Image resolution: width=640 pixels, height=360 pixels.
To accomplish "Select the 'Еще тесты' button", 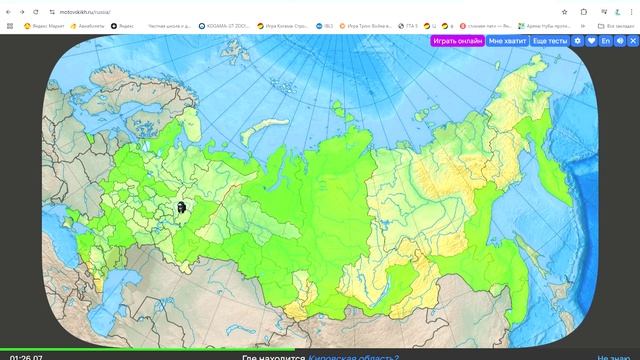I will pyautogui.click(x=549, y=41).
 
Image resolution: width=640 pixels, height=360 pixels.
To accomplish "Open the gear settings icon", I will pyautogui.click(x=577, y=41).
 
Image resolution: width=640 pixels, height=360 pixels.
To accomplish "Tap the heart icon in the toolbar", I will pyautogui.click(x=591, y=41).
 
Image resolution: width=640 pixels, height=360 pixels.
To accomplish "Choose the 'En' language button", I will pyautogui.click(x=605, y=41).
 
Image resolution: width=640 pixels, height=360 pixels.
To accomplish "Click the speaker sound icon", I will pyautogui.click(x=619, y=41).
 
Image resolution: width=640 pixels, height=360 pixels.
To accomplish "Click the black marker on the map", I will pyautogui.click(x=181, y=207).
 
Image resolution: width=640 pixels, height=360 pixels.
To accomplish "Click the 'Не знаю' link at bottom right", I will pyautogui.click(x=611, y=355).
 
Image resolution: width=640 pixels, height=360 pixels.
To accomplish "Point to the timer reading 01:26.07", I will pyautogui.click(x=27, y=356).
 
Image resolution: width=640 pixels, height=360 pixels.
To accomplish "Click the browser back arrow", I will pyautogui.click(x=9, y=11).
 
